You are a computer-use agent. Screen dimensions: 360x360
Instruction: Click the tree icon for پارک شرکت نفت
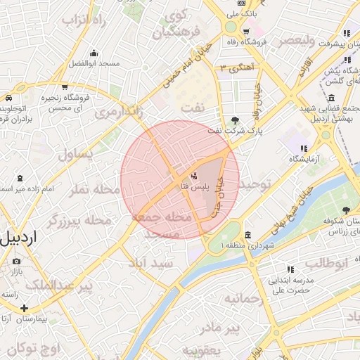click(x=235, y=120)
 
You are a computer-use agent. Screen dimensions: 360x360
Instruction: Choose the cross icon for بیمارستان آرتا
click(x=25, y=308)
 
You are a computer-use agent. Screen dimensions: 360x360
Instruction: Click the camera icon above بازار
click(x=16, y=261)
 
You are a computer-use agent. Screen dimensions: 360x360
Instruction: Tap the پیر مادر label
click(x=219, y=328)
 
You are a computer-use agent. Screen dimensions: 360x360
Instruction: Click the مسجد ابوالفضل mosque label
click(x=94, y=63)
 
